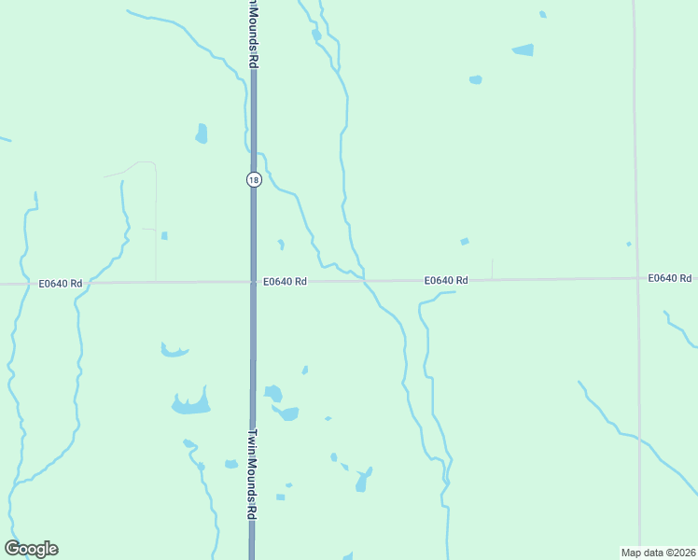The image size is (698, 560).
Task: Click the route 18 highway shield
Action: pos(253,179)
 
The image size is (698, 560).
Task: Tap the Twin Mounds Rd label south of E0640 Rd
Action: pos(253,473)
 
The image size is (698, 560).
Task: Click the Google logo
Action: pos(31,549)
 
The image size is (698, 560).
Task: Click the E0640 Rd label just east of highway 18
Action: pos(285,281)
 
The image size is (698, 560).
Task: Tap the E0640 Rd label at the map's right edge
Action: pos(670,278)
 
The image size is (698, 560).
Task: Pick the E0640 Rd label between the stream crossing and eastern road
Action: pos(445,280)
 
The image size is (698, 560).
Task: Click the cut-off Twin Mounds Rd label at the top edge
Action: pos(253,33)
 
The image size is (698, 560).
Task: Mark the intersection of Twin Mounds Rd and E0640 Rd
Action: pos(253,281)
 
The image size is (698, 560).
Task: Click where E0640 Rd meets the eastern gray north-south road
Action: pos(638,278)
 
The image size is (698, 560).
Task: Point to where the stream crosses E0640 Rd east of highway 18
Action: pos(364,280)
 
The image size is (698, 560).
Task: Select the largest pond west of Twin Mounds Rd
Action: pos(191,404)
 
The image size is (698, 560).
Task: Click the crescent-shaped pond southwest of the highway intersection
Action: pos(174,351)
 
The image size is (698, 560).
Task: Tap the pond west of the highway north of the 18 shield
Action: pos(201,133)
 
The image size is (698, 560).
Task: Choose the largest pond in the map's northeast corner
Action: pos(523,49)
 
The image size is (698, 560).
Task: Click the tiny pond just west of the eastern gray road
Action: pos(629,245)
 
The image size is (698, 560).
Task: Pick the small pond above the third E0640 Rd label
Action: pos(465,242)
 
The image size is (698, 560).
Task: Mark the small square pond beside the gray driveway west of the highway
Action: pos(164,235)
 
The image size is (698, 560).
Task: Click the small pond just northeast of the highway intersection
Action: pos(281,245)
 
